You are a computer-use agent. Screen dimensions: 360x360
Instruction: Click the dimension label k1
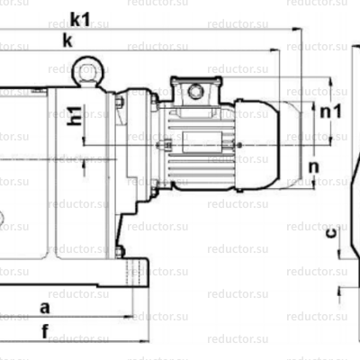(x=78, y=17)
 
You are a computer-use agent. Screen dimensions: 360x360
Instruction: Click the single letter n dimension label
(x=313, y=167)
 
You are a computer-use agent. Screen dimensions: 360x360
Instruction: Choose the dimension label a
(x=46, y=307)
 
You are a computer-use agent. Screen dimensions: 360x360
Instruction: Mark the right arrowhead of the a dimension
(x=130, y=316)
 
